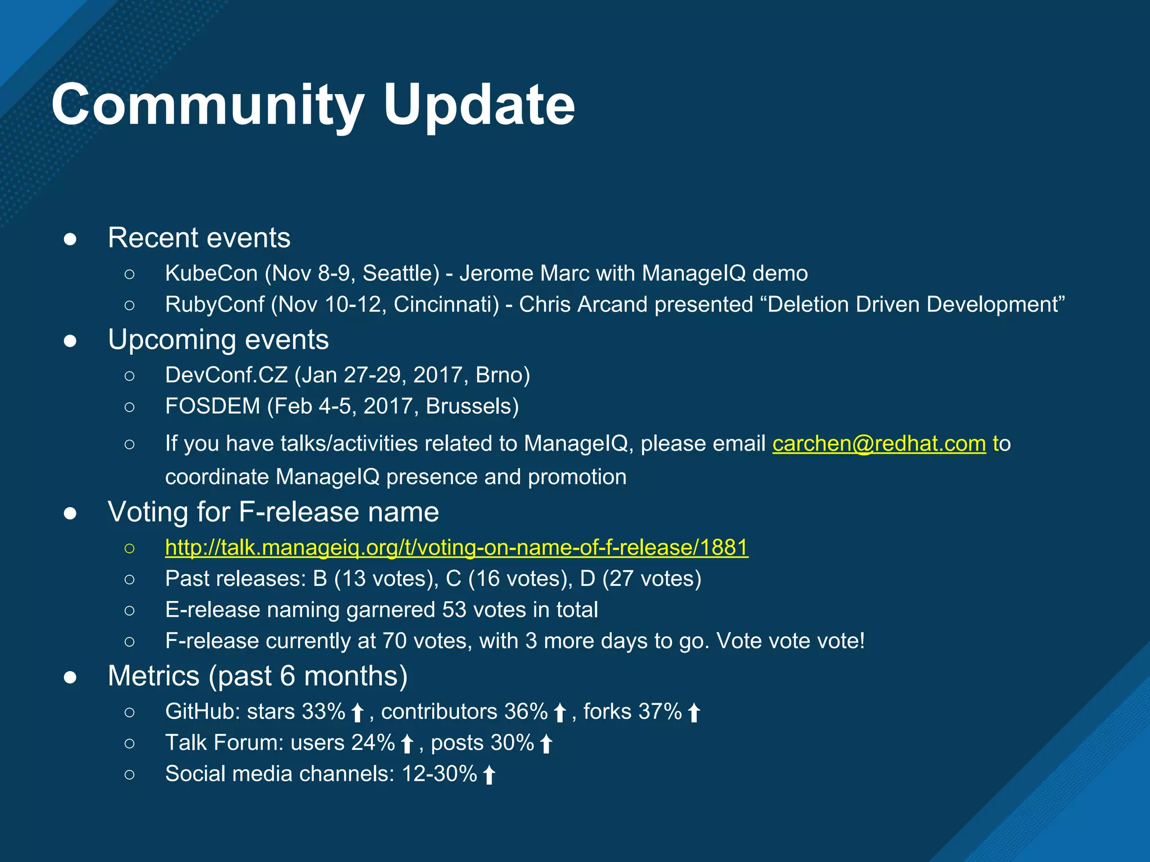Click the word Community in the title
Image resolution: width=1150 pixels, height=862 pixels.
pyautogui.click(x=208, y=105)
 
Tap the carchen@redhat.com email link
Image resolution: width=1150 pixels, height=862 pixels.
pyautogui.click(x=879, y=443)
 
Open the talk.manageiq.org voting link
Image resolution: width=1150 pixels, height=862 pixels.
pyautogui.click(x=457, y=547)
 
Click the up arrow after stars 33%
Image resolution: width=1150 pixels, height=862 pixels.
pyautogui.click(x=358, y=713)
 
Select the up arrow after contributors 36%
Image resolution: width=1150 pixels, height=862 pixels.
pyautogui.click(x=560, y=713)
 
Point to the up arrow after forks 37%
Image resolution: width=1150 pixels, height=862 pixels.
pyautogui.click(x=694, y=713)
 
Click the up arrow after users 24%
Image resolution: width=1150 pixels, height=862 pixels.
pyautogui.click(x=408, y=744)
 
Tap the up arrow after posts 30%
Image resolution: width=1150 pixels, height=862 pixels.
pyautogui.click(x=546, y=744)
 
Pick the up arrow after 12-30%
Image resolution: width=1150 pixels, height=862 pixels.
pyautogui.click(x=489, y=775)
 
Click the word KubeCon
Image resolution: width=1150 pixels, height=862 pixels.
pyautogui.click(x=211, y=273)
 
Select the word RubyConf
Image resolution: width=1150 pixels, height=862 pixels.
pyautogui.click(x=215, y=305)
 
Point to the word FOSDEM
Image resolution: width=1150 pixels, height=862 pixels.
pyautogui.click(x=212, y=406)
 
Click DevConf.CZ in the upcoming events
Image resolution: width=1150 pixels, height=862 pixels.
pyautogui.click(x=226, y=375)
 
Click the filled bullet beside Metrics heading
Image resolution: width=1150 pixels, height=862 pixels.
pyautogui.click(x=70, y=677)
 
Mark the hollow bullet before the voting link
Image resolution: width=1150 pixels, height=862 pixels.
pyautogui.click(x=130, y=548)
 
